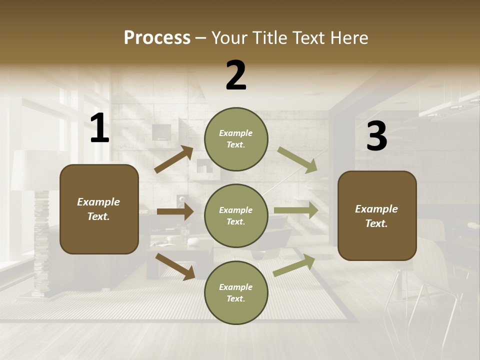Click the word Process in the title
coord(157,38)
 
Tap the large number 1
coord(99,128)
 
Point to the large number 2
coord(236,75)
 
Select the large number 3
coord(376,136)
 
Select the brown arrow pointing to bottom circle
coord(175,266)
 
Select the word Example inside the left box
coord(98,202)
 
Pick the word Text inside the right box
coord(376,223)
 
